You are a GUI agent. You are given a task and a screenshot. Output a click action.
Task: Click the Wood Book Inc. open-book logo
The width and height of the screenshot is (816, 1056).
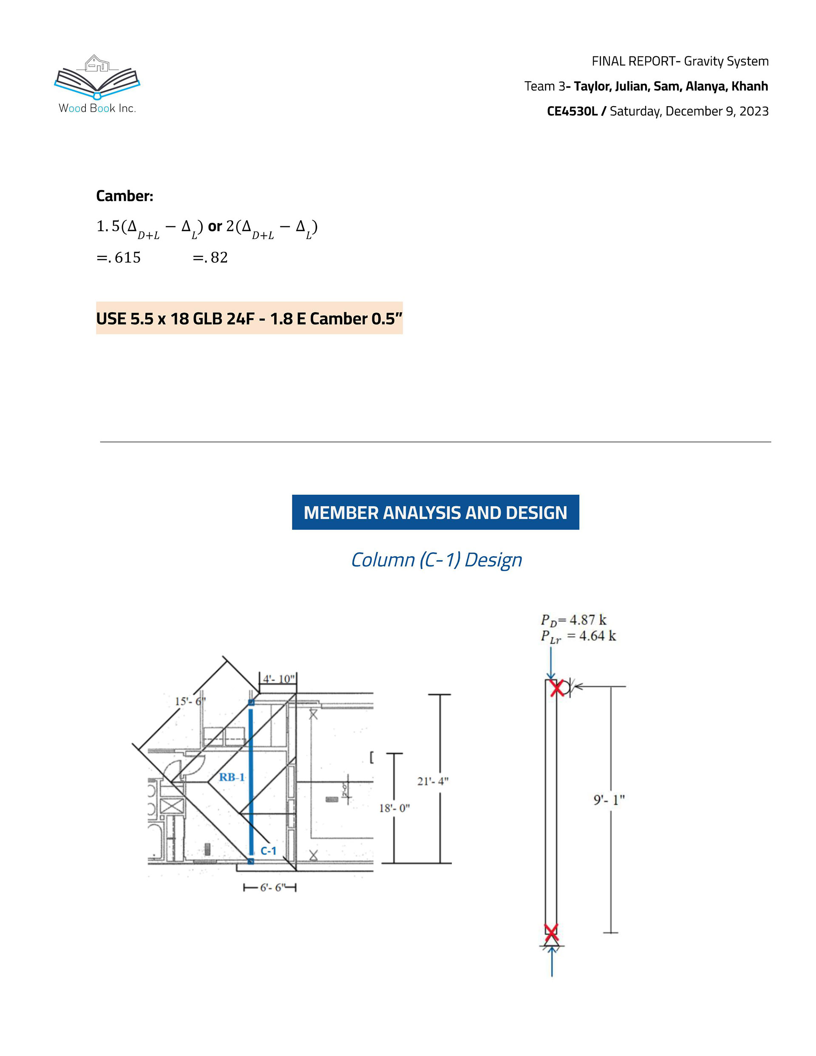point(97,77)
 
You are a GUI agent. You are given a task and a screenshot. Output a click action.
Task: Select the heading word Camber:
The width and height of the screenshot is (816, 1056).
point(124,196)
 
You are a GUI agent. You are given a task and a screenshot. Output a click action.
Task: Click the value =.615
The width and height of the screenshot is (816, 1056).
point(119,257)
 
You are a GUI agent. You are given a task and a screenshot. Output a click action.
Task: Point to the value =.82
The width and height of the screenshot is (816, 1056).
point(210,257)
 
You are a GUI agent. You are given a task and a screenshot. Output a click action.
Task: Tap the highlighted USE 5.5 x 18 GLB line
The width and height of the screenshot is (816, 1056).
point(249,318)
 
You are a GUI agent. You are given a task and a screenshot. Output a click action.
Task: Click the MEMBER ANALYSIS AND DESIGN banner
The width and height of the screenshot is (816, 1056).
point(435,512)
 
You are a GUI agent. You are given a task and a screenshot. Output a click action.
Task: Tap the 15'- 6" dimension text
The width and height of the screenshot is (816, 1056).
point(190,701)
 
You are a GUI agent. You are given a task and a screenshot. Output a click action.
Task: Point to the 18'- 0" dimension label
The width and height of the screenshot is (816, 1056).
point(394,808)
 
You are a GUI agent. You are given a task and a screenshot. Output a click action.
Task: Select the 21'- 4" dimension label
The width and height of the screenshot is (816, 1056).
point(433,781)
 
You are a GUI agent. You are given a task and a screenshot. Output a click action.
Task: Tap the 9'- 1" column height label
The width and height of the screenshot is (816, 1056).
point(609,800)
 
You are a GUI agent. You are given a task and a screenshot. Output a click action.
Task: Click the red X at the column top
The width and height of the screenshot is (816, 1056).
point(557,688)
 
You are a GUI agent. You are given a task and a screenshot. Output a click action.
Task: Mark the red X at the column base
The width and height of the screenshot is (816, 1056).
point(551,930)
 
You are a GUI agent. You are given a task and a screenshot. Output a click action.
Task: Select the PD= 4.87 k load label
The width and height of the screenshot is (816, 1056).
point(573,620)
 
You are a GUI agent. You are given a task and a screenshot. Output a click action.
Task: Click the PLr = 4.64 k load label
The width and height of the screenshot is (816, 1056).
point(578,636)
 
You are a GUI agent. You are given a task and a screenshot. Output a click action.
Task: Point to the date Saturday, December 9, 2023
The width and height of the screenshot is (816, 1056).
point(689,111)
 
